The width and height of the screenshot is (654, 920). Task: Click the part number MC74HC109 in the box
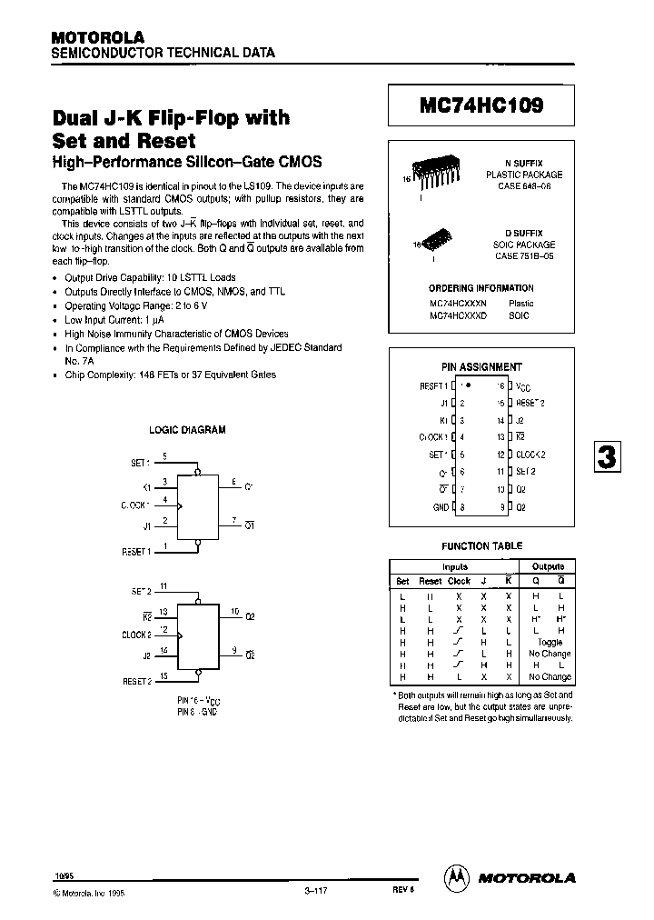481,105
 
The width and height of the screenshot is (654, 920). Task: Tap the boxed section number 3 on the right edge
607,456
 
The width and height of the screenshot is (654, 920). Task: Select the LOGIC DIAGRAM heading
187,430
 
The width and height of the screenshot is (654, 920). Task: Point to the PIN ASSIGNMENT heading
481,367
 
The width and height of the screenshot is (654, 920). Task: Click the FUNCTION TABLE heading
481,546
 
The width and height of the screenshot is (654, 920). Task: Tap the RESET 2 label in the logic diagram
136,679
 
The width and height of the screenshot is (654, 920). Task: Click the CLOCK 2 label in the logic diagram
136,635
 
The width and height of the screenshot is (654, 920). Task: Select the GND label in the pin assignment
441,506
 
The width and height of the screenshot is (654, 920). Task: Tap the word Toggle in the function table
550,642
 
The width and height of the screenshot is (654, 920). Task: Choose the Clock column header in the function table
460,581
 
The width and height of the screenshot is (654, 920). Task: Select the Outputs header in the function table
548,566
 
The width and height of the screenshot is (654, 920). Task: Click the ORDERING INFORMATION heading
481,288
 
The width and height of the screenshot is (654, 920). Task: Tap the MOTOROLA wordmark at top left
97,37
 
